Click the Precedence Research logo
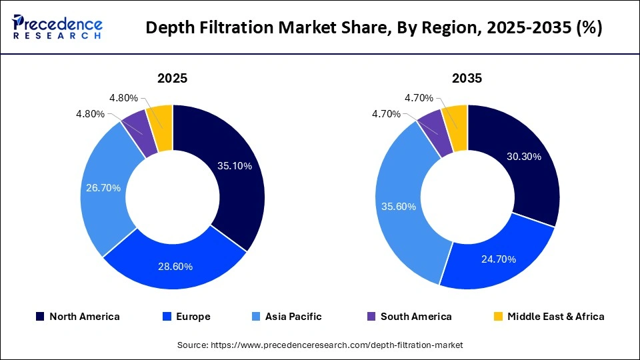[x=57, y=27]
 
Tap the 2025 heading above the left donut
[x=172, y=79]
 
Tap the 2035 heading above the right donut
[x=467, y=79]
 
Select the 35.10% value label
[x=235, y=166]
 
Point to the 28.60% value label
[x=175, y=267]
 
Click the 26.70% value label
[x=103, y=188]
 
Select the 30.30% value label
[x=524, y=157]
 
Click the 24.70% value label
[x=499, y=259]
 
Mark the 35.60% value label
[x=399, y=207]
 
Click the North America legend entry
[x=77, y=317]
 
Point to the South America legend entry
[x=409, y=317]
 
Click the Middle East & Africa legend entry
[x=549, y=317]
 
